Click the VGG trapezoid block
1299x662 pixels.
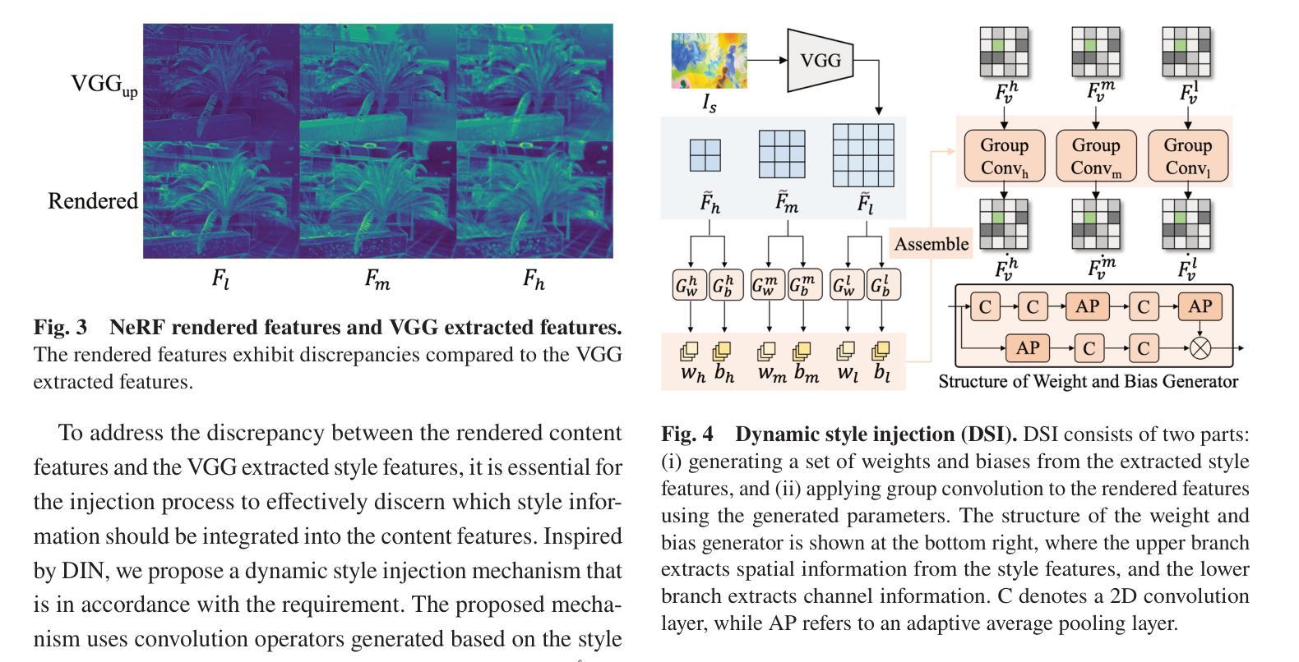[x=820, y=60]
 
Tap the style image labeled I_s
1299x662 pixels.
[x=709, y=60]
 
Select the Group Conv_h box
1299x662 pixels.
[x=1004, y=156]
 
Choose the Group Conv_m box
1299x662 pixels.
[x=1096, y=156]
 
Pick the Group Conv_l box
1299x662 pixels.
[x=1187, y=156]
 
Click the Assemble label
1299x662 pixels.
[x=931, y=244]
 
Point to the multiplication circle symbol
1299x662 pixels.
[x=1200, y=348]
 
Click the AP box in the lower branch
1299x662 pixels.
[x=1028, y=348]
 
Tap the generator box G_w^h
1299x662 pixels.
[x=690, y=285]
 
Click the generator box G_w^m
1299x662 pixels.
[x=769, y=285]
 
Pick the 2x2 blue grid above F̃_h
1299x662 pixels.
[x=705, y=155]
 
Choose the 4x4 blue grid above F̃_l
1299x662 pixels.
[x=862, y=155]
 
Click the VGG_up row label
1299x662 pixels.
[x=104, y=85]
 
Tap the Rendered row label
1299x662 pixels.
[x=92, y=201]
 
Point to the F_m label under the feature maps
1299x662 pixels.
[x=377, y=280]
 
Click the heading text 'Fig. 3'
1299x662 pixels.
[x=60, y=327]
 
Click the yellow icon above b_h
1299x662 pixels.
[x=723, y=352]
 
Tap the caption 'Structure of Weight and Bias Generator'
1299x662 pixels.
[x=1088, y=381]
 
